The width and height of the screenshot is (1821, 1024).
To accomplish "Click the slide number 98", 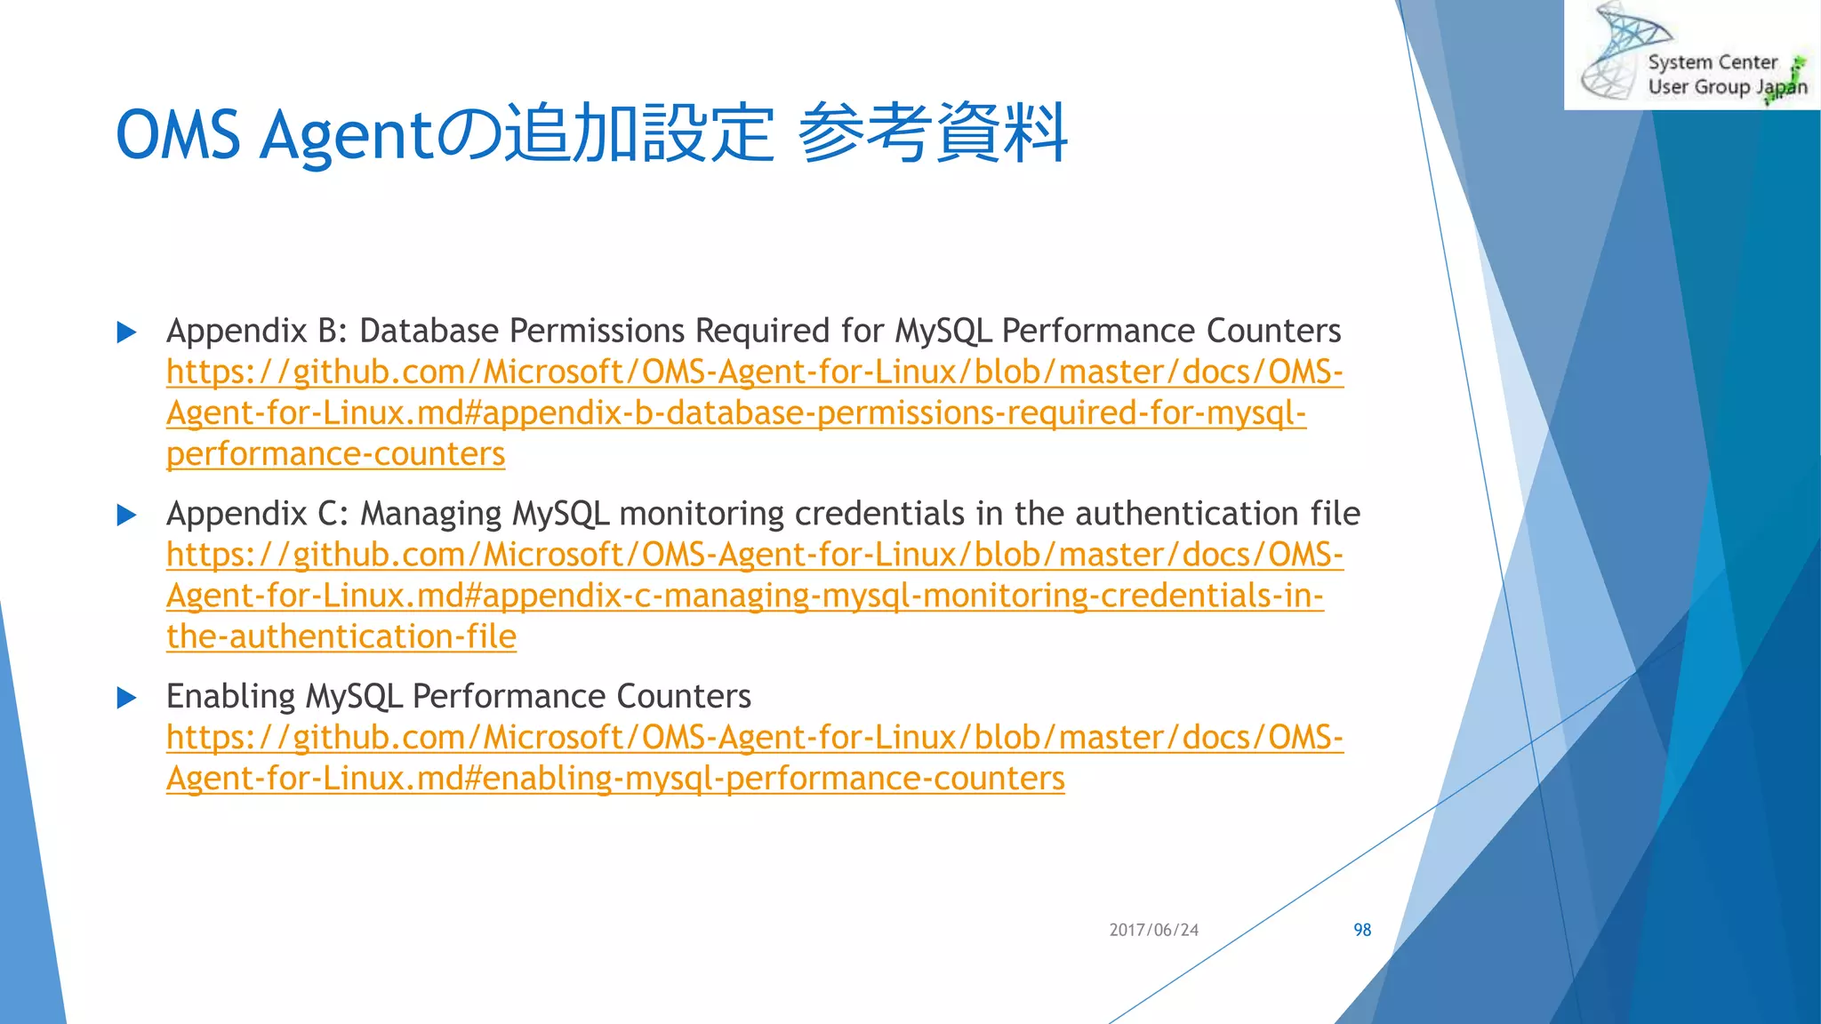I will pyautogui.click(x=1361, y=930).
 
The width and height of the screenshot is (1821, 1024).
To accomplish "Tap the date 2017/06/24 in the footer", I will pyautogui.click(x=1153, y=930).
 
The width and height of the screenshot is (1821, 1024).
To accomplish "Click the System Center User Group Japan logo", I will pyautogui.click(x=1692, y=55).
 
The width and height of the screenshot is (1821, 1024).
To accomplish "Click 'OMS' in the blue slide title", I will pyautogui.click(x=178, y=135).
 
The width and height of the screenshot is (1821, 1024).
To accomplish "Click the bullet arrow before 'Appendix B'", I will pyautogui.click(x=127, y=332).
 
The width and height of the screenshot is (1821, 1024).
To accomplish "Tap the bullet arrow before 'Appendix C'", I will pyautogui.click(x=127, y=515).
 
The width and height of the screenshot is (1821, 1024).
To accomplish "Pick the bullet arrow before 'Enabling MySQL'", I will pyautogui.click(x=127, y=698).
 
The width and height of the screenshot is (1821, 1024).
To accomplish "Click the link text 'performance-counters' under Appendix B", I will pyautogui.click(x=335, y=454).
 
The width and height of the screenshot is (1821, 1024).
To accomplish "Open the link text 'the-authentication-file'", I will pyautogui.click(x=341, y=636).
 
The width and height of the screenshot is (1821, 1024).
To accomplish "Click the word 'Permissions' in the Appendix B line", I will pyautogui.click(x=600, y=331).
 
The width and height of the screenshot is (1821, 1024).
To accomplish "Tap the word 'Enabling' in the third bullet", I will pyautogui.click(x=230, y=696).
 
